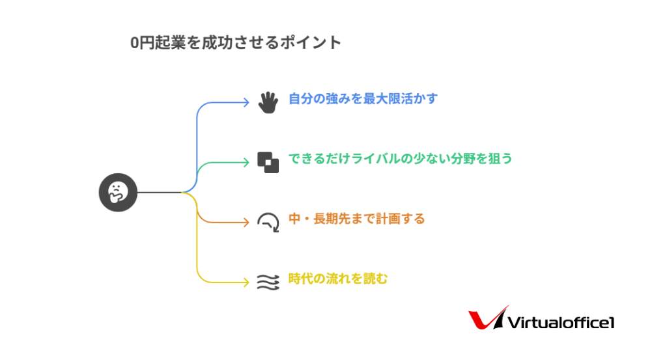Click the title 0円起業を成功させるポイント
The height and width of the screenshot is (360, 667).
pyautogui.click(x=236, y=43)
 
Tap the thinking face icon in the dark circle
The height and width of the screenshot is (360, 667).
pyautogui.click(x=118, y=192)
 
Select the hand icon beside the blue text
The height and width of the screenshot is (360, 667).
pyautogui.click(x=268, y=102)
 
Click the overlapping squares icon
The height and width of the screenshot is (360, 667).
pyautogui.click(x=268, y=162)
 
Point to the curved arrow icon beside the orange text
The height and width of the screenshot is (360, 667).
pyautogui.click(x=268, y=222)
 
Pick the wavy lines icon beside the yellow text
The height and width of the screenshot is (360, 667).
pyautogui.click(x=268, y=281)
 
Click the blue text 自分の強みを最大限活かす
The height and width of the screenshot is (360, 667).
pyautogui.click(x=363, y=99)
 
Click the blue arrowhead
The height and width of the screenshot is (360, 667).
pyautogui.click(x=246, y=102)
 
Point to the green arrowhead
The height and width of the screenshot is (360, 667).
pyautogui.click(x=246, y=162)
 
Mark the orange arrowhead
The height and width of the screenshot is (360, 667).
pyautogui.click(x=246, y=222)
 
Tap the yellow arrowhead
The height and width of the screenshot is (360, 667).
pyautogui.click(x=246, y=282)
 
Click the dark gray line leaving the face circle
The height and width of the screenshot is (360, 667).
pyautogui.click(x=160, y=192)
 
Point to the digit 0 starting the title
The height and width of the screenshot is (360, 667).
pyautogui.click(x=134, y=43)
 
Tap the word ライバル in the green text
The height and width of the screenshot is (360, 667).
pyautogui.click(x=375, y=159)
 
